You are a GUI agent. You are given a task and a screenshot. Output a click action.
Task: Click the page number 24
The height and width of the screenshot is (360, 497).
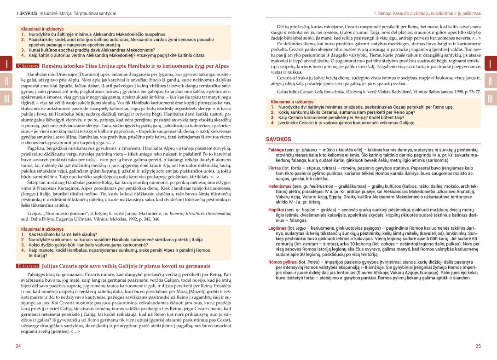click(x=18, y=346)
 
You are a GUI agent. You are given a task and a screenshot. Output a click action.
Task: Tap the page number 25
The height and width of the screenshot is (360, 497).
click(x=478, y=346)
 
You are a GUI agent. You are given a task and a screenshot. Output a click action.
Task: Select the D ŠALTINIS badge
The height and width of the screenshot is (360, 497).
click(x=28, y=266)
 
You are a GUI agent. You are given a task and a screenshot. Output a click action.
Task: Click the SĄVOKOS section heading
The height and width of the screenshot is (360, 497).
click(x=278, y=139)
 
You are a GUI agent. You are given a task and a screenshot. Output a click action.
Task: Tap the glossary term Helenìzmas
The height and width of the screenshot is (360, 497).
click(x=279, y=186)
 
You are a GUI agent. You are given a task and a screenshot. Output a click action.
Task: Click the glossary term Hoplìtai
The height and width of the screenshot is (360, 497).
click(x=276, y=209)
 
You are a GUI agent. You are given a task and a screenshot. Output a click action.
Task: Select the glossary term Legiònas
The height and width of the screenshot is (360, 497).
click(x=277, y=228)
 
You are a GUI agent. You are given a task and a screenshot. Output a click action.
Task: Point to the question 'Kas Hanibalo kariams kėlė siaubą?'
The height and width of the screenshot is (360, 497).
click(x=63, y=234)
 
